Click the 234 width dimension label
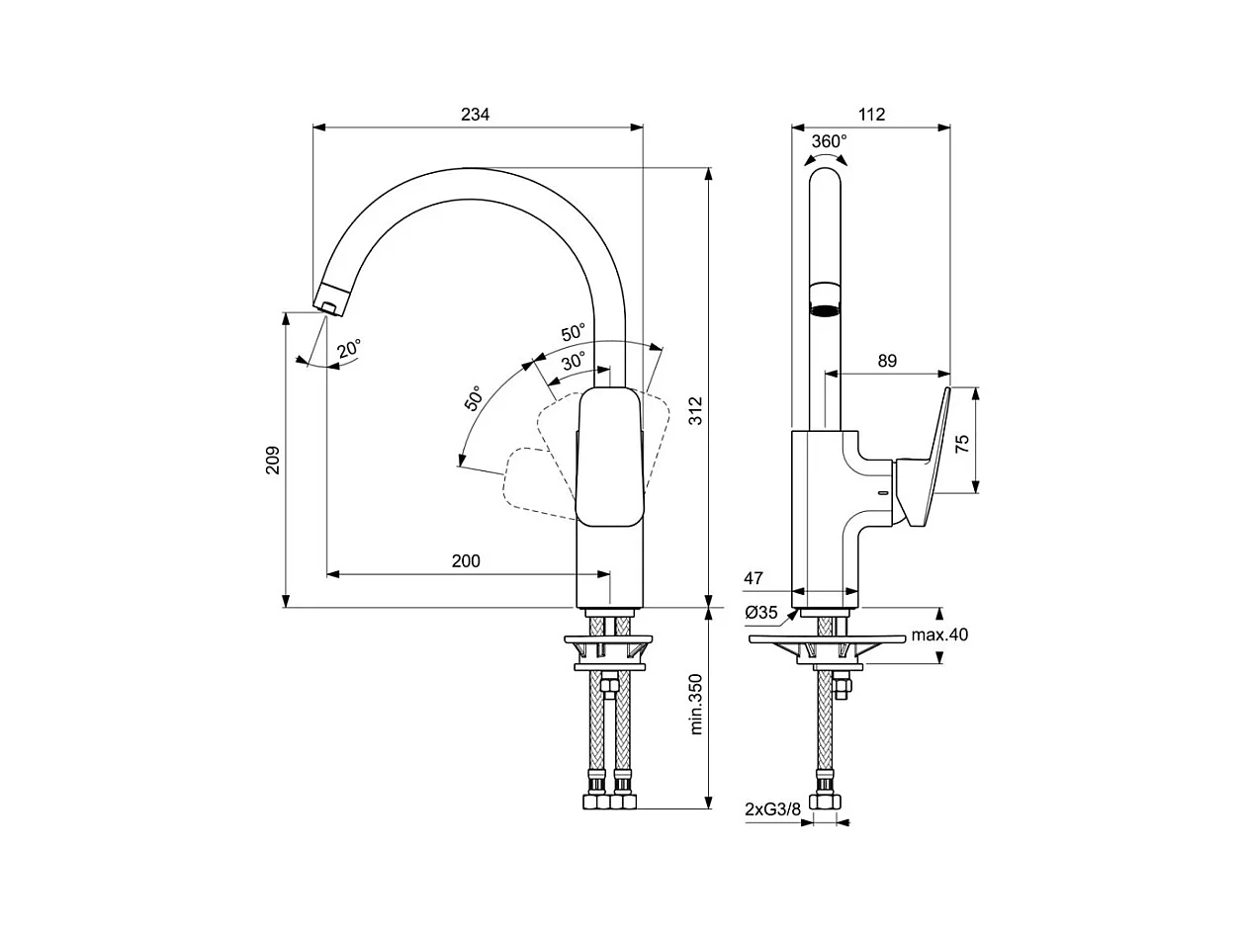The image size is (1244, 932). tap(475, 115)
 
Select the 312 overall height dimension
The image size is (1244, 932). tap(695, 410)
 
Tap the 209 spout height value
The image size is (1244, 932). tap(273, 461)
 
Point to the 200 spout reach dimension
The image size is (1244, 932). tap(466, 560)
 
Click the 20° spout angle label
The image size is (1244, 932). tap(348, 349)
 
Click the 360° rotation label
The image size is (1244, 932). tap(829, 141)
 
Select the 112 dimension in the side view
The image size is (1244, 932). tap(871, 115)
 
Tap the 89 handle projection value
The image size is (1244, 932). tap(887, 361)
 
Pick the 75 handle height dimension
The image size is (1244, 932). tap(962, 443)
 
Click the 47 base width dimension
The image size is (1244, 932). tap(754, 578)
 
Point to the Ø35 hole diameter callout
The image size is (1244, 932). tap(761, 612)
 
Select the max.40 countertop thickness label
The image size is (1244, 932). tap(939, 635)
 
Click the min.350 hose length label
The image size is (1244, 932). tap(695, 705)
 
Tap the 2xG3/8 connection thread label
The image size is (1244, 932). tap(773, 809)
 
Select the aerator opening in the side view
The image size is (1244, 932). tap(825, 311)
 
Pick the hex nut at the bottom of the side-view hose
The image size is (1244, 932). tap(825, 802)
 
